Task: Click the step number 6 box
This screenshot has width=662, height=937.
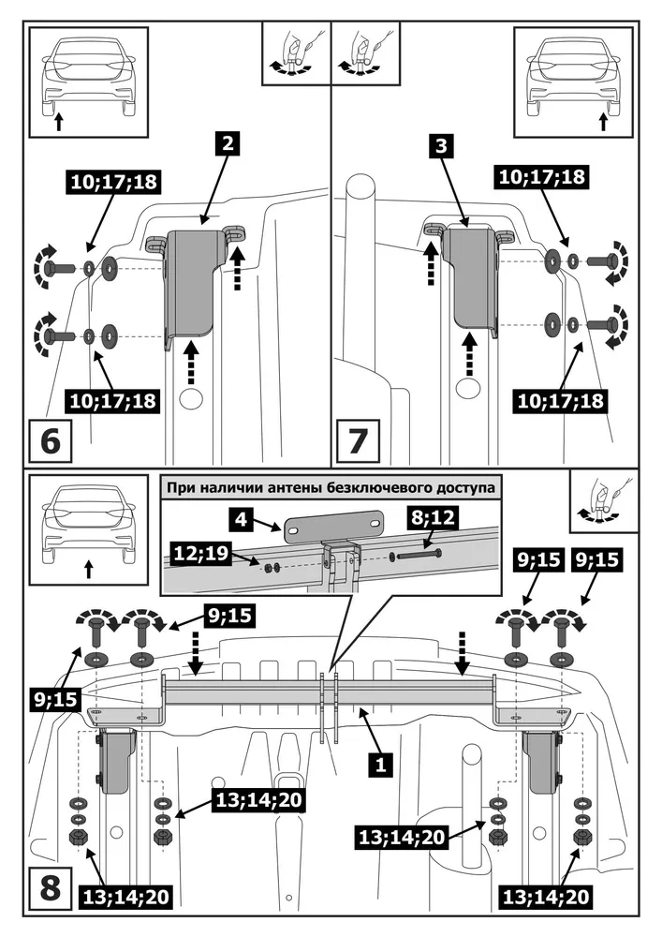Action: (x=51, y=439)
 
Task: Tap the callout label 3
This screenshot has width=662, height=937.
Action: (x=444, y=145)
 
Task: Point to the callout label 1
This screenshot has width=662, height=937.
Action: (x=379, y=764)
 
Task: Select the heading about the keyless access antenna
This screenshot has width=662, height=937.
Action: (x=330, y=487)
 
